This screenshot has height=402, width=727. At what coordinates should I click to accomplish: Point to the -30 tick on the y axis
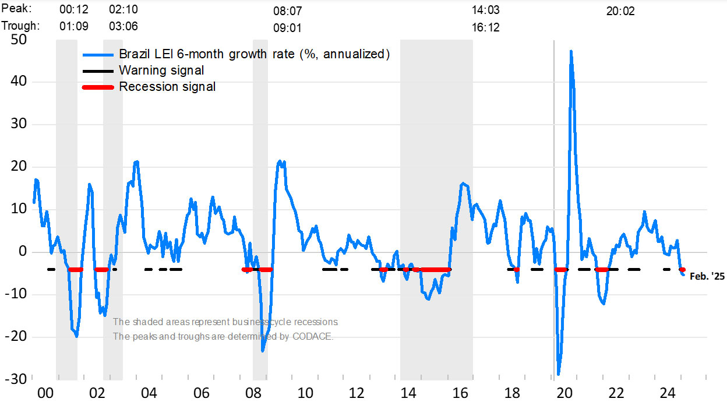16,379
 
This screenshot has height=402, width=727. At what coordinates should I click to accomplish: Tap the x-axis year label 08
253,392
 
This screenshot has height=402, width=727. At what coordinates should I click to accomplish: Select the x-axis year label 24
668,392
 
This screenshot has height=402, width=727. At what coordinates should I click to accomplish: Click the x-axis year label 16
460,392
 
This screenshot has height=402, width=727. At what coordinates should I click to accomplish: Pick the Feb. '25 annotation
707,277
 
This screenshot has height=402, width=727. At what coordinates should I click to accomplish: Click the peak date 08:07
288,11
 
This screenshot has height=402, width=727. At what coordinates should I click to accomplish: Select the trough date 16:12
485,27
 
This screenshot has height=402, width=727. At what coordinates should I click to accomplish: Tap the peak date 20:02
620,11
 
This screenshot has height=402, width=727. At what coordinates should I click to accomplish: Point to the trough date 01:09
74,26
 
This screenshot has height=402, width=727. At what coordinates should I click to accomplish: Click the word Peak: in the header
17,9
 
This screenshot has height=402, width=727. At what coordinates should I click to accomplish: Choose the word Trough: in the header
20,26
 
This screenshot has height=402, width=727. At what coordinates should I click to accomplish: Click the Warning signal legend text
161,70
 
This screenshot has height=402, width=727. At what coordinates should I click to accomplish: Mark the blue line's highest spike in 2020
571,51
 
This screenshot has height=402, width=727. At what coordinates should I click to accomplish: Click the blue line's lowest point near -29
558,374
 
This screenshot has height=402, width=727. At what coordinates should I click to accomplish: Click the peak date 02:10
123,10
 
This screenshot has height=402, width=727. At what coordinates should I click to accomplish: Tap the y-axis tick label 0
22,252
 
